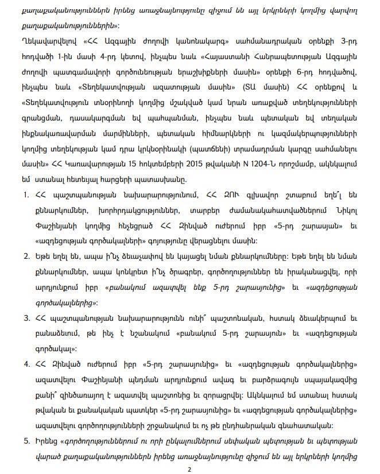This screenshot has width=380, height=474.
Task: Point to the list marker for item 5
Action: coord(27,441)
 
